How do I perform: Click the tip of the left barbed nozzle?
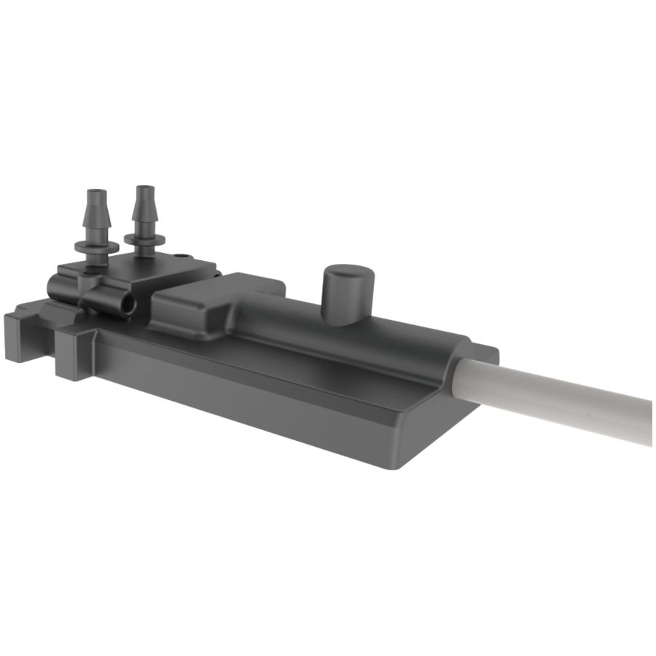(x=96, y=194)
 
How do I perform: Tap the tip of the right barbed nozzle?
(x=144, y=190)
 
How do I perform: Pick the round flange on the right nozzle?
(x=144, y=238)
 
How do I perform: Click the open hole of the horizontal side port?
(x=128, y=305)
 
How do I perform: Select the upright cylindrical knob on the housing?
(x=348, y=295)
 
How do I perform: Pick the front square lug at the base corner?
(x=73, y=357)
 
